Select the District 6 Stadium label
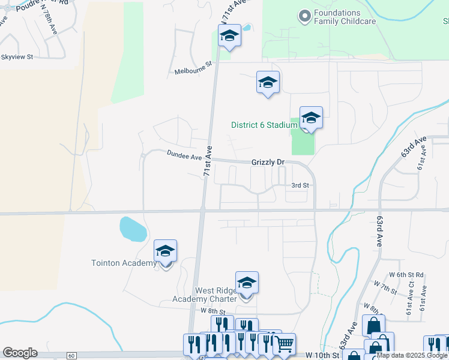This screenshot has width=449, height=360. [x=264, y=125]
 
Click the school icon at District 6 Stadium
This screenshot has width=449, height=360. [x=311, y=118]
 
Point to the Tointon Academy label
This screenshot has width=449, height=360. [x=123, y=263]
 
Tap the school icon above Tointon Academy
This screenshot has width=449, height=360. [x=165, y=251]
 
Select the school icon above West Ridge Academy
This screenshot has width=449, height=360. [x=246, y=283]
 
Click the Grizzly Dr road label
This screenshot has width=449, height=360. [x=268, y=162]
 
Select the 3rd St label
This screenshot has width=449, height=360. [x=300, y=186]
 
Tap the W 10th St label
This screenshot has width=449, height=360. [x=323, y=356]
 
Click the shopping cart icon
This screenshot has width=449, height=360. [x=284, y=344]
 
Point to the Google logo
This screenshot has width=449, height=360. [x=20, y=353]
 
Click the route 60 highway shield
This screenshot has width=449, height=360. [x=71, y=356]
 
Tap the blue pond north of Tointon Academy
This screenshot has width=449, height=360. [x=133, y=229]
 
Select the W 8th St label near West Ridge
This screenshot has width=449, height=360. [x=212, y=311]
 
